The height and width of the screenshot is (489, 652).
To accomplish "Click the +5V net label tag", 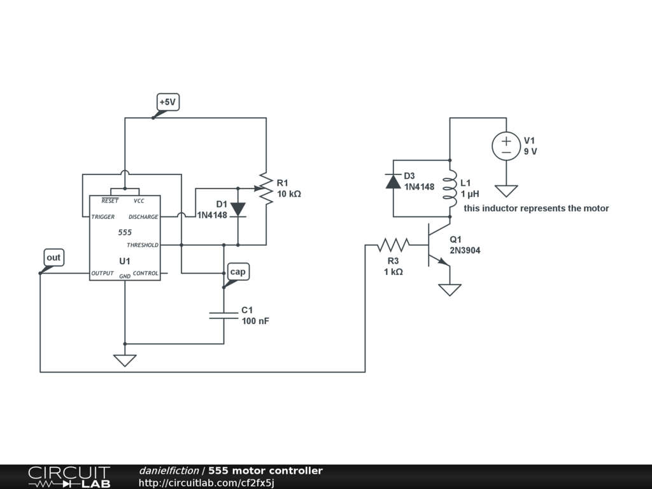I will [168, 102].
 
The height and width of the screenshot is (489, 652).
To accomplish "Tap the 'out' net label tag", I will [53, 257].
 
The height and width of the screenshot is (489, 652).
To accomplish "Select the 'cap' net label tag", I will [237, 272].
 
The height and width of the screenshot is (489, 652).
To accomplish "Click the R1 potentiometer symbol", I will [266, 188].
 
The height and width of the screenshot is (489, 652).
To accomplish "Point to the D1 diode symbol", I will [238, 209].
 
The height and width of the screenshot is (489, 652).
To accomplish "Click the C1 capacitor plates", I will [223, 315].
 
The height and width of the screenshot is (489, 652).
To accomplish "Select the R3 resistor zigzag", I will [393, 244].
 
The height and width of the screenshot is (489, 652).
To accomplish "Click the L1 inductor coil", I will [450, 188].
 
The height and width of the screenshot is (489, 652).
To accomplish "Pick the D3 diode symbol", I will [393, 181].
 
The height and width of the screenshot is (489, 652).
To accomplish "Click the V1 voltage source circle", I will [506, 146].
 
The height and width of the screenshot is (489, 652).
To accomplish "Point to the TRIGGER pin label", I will [103, 217].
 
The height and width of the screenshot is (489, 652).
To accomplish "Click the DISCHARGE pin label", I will [143, 217].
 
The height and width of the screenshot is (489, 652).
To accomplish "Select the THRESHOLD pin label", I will [143, 245].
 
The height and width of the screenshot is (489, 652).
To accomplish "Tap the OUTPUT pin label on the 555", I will [103, 273].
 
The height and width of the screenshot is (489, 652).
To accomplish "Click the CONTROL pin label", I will [145, 273].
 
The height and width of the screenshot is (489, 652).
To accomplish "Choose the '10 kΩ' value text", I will [288, 194].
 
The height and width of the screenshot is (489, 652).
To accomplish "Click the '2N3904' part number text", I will [465, 251].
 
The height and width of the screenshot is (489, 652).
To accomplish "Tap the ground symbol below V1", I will [506, 190].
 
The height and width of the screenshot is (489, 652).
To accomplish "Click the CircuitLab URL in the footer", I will [206, 483].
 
